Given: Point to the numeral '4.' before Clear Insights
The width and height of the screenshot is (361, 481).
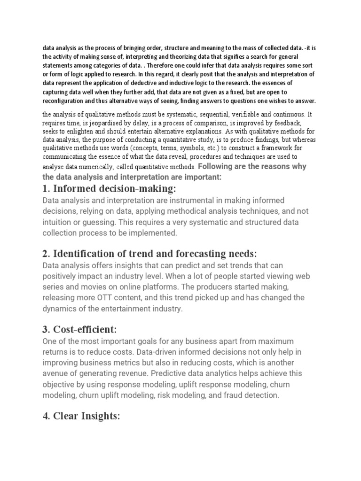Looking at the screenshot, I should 46,415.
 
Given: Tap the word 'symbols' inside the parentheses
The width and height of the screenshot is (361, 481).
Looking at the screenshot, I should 179,147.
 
